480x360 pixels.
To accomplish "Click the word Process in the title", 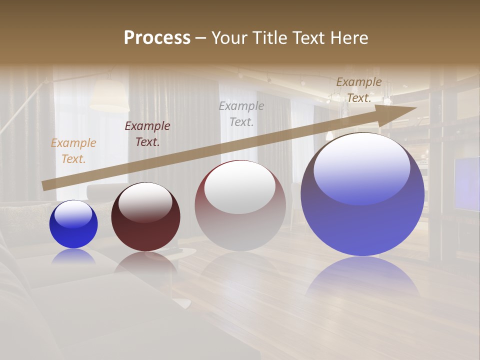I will tap(157, 38).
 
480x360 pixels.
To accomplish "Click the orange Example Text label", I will tap(73, 151).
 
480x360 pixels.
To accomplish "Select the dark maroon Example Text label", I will tap(147, 134).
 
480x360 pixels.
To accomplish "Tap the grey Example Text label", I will tap(241, 113).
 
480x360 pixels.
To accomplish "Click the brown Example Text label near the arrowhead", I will tap(358, 90).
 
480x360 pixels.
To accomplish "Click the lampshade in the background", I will tap(109, 95).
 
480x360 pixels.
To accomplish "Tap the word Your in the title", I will tap(229, 38).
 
